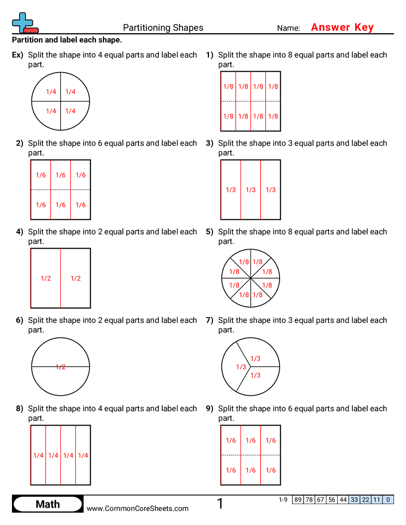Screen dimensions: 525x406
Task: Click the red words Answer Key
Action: [342, 27]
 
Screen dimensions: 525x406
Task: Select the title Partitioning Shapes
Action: [163, 28]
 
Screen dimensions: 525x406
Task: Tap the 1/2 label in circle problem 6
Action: [61, 367]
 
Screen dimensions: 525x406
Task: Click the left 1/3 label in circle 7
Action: [241, 367]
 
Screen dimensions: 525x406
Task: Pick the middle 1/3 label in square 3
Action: [251, 190]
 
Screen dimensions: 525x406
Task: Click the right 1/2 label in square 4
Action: [76, 278]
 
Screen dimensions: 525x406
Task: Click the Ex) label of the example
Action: [17, 55]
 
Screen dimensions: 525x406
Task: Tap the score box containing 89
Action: [298, 500]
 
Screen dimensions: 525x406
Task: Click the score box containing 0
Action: [388, 500]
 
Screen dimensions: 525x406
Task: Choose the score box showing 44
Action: [343, 500]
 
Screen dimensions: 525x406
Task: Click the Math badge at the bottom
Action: [48, 504]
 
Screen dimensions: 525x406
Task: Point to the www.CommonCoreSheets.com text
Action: [138, 508]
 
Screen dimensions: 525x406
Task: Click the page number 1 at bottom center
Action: [220, 504]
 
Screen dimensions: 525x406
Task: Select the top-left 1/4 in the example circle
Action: [51, 91]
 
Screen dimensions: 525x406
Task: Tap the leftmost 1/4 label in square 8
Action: [38, 455]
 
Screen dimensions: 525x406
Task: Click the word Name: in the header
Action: [289, 28]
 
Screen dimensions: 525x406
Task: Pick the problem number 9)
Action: [209, 409]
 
